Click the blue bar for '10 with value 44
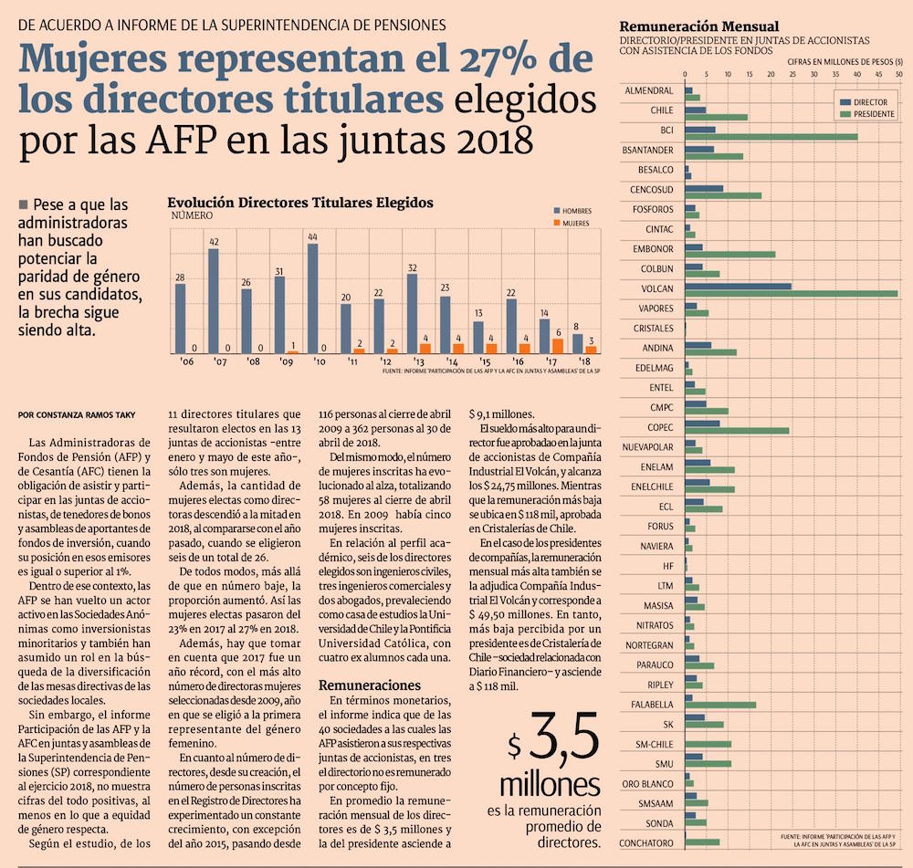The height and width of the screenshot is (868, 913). click(x=313, y=298)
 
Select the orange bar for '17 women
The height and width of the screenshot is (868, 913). click(x=558, y=346)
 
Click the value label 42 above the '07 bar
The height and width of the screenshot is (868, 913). click(x=214, y=242)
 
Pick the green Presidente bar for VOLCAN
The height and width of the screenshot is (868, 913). click(x=791, y=293)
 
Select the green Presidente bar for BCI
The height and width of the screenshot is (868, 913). click(x=771, y=137)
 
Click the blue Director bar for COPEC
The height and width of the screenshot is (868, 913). click(x=702, y=424)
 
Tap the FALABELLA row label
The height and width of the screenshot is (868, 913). click(x=652, y=704)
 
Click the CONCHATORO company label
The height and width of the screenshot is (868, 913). click(x=646, y=842)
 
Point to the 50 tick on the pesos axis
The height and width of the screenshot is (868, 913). click(x=899, y=73)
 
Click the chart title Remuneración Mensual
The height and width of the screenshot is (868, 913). click(x=698, y=26)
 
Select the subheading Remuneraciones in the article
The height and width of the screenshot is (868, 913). click(x=369, y=685)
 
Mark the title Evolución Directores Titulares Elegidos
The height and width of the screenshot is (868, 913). click(x=300, y=203)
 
